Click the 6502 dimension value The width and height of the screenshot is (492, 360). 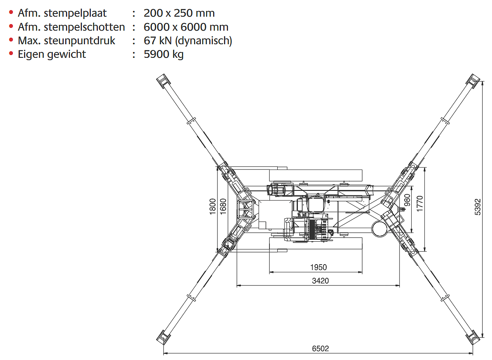click(x=320, y=348)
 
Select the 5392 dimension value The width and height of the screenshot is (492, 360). click(x=478, y=207)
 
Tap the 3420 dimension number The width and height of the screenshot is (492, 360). click(x=320, y=280)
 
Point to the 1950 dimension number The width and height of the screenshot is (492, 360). click(x=318, y=267)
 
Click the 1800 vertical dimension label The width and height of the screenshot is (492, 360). click(x=213, y=206)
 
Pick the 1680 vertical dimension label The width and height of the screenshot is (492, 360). click(x=223, y=206)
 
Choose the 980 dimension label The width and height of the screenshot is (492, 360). click(x=407, y=200)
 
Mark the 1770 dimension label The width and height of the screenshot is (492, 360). click(x=419, y=204)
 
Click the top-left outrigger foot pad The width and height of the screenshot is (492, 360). click(x=163, y=81)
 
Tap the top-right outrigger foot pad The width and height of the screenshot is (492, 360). click(x=473, y=81)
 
